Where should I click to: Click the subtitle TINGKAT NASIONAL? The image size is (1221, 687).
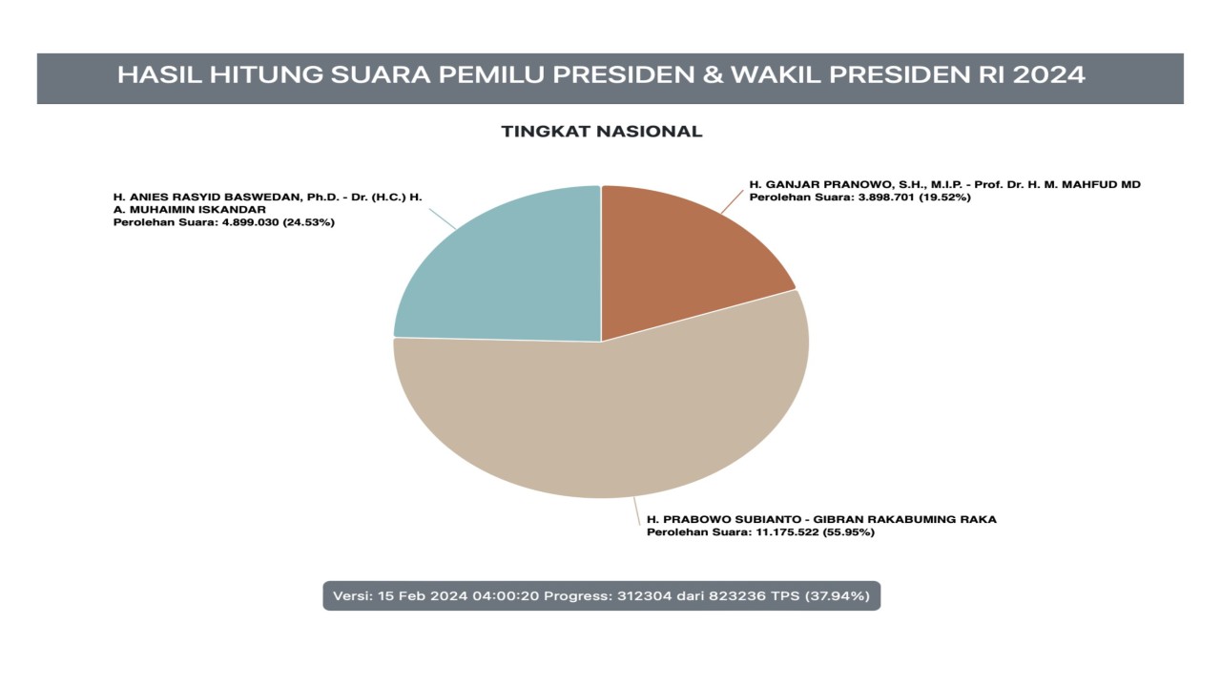coord(602,132)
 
